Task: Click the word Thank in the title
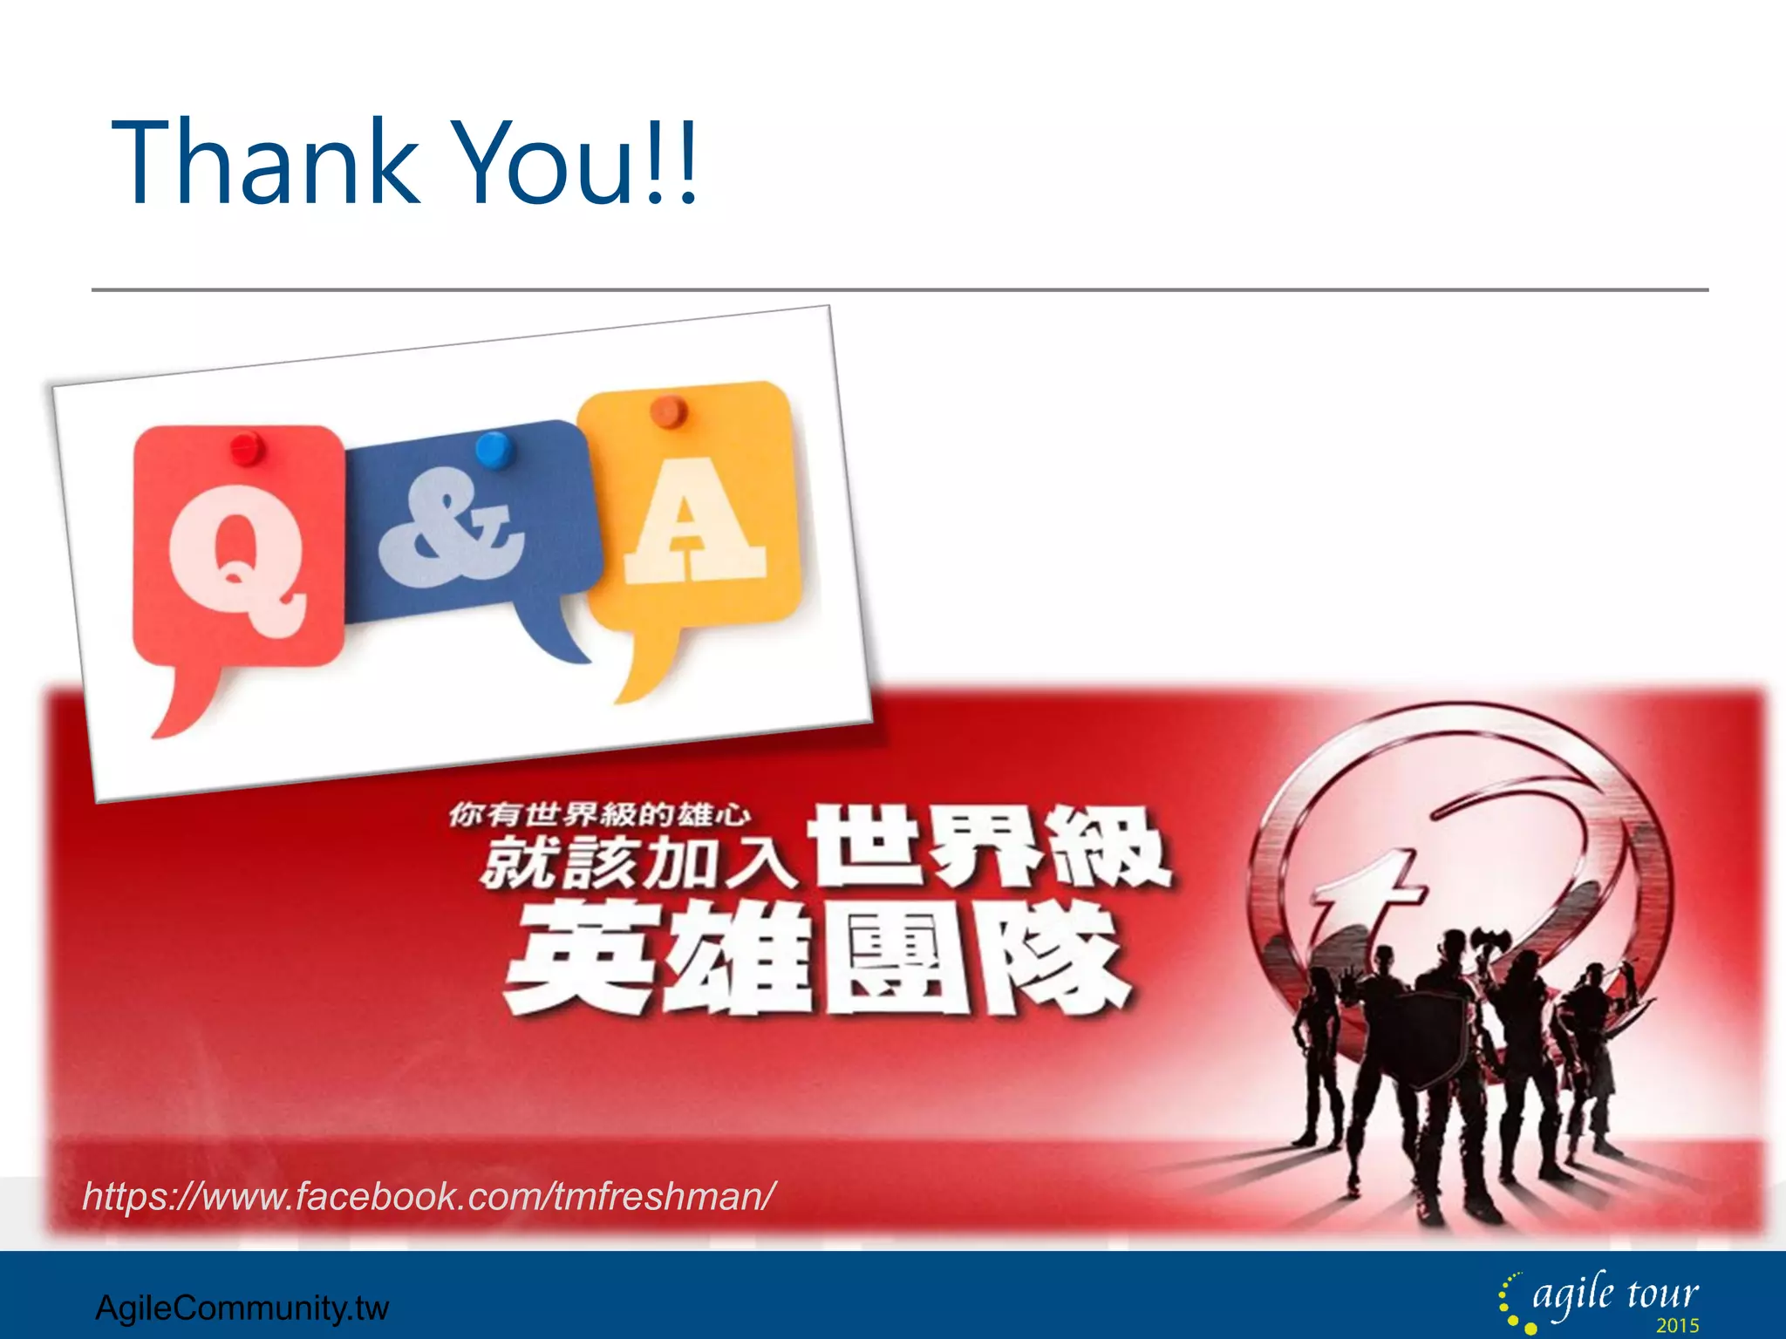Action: pyautogui.click(x=266, y=163)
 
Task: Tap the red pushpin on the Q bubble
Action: pyautogui.click(x=248, y=448)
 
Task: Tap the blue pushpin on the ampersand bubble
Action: pyautogui.click(x=494, y=450)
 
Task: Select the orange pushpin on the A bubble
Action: pyautogui.click(x=669, y=410)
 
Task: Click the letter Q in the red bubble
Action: pyautogui.click(x=236, y=558)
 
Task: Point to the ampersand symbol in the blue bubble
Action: pyautogui.click(x=451, y=527)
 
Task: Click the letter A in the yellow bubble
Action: pyautogui.click(x=693, y=523)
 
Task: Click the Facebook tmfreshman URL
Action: pyautogui.click(x=427, y=1196)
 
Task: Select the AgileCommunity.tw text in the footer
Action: pyautogui.click(x=242, y=1308)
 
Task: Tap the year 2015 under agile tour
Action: pyautogui.click(x=1677, y=1326)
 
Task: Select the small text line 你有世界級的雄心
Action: pyautogui.click(x=599, y=814)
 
